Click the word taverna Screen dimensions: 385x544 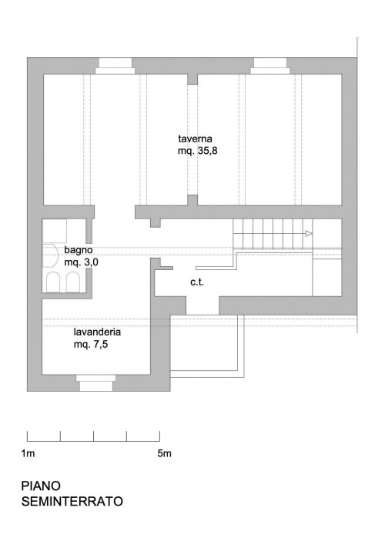point(195,139)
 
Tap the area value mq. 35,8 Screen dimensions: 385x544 point(198,152)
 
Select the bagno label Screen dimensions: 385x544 point(78,250)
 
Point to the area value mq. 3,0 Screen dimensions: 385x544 point(82,262)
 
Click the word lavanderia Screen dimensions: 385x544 point(97,332)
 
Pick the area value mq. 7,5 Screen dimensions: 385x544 point(91,345)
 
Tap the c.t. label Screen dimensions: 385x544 point(197,282)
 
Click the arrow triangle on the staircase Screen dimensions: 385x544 point(309,233)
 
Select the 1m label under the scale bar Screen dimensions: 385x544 point(28,453)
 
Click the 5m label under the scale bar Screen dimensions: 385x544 point(164,453)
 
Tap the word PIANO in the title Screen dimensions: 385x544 point(41,486)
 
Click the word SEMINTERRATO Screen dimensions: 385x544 point(72,502)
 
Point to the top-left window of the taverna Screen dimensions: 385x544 point(115,66)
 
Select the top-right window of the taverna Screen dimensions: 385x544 point(270,66)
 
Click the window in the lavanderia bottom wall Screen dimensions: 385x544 point(95,383)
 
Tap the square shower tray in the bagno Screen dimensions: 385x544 point(55,231)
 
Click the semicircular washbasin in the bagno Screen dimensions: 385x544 point(49,256)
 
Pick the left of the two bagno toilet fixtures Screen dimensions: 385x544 point(53,282)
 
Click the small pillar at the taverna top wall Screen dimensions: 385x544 point(192,79)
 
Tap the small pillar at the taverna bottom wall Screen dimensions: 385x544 point(192,200)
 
